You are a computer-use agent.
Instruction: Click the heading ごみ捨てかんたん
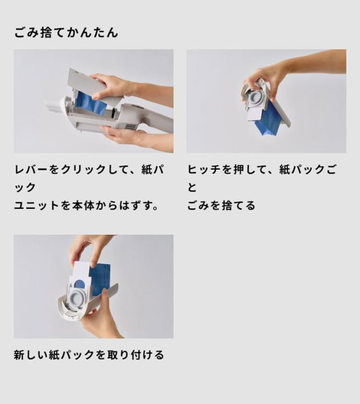[x=66, y=33]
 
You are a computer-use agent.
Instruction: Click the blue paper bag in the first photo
[x=90, y=104]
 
